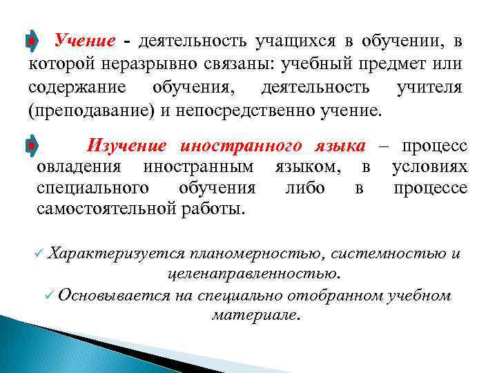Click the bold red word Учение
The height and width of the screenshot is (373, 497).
coord(84,41)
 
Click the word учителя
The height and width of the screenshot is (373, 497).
coord(429,88)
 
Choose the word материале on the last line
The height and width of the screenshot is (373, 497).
coord(255,316)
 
